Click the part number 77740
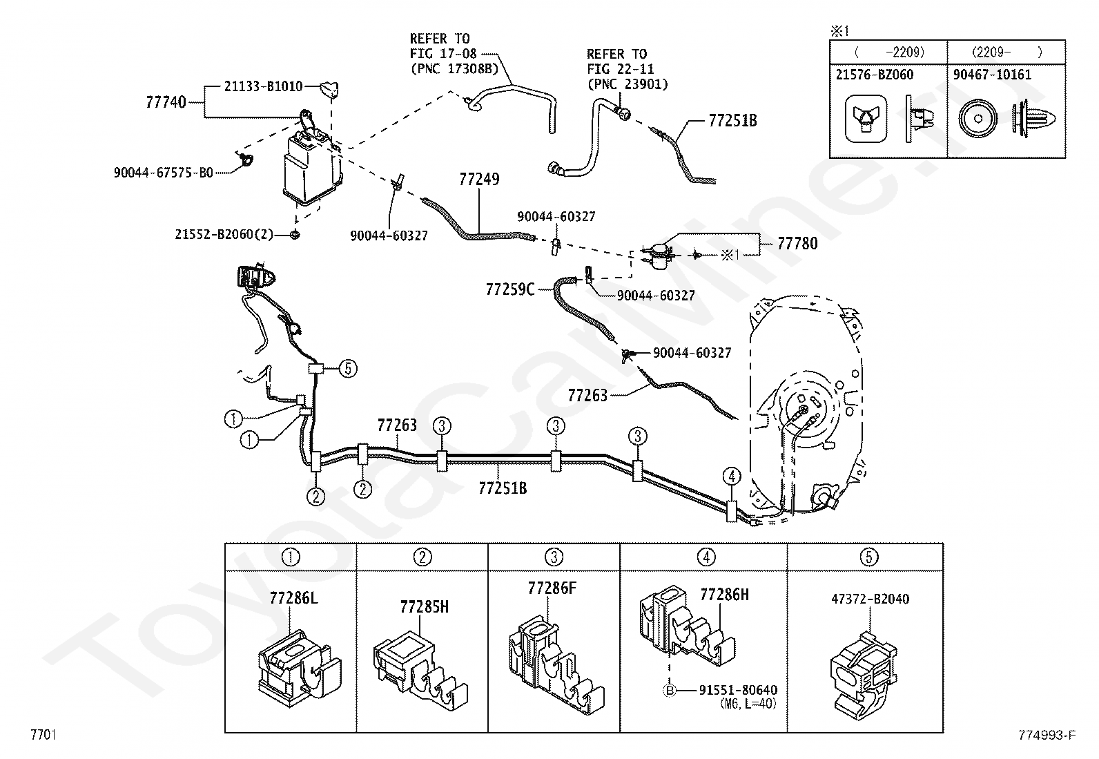(x=166, y=102)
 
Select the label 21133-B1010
(x=263, y=87)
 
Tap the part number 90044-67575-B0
(x=164, y=173)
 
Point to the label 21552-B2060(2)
(x=224, y=235)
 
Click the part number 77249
(x=479, y=180)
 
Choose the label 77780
(x=797, y=243)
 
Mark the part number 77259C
(x=510, y=289)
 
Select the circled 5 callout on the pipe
(x=348, y=369)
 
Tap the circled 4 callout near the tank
(x=732, y=476)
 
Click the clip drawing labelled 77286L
(x=298, y=661)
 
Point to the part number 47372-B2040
(x=870, y=599)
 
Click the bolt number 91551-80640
(x=738, y=690)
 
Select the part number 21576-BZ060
(x=875, y=75)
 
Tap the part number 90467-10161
(x=992, y=75)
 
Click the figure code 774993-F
(x=1047, y=736)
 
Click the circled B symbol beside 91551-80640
(x=668, y=690)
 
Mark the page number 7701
(x=43, y=735)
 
